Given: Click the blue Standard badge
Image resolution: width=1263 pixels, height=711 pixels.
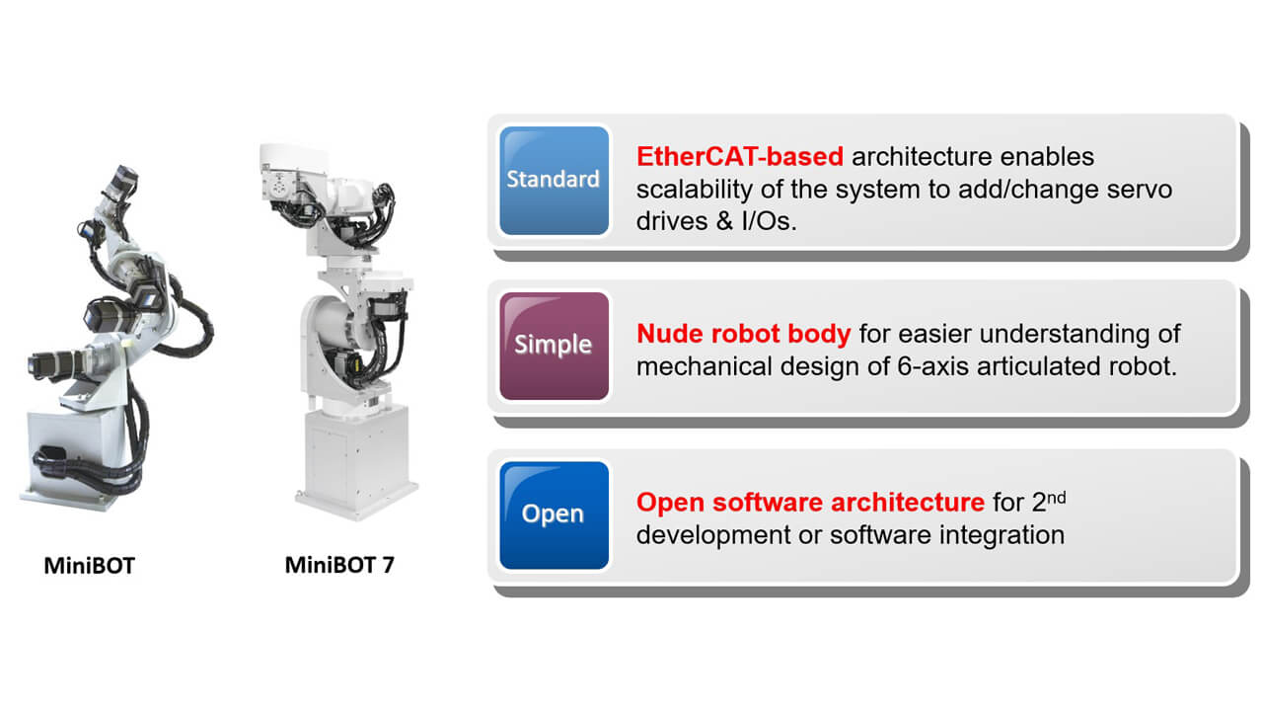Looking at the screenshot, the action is (554, 181).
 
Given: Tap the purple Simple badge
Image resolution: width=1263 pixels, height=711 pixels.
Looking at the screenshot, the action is (554, 346).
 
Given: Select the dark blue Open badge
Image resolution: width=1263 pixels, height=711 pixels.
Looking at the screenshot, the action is (554, 515).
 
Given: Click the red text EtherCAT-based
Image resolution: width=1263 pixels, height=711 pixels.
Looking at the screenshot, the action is (740, 156).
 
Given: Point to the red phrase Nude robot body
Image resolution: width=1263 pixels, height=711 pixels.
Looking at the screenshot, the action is (744, 334).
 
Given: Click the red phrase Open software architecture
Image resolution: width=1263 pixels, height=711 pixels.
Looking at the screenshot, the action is (810, 503).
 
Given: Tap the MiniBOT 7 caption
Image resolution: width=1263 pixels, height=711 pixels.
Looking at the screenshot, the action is (339, 565).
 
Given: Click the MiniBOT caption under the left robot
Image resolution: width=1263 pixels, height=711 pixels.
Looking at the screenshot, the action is (89, 566).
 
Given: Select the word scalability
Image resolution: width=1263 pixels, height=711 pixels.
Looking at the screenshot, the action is (695, 190).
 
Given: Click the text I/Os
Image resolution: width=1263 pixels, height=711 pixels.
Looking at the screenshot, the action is (769, 221).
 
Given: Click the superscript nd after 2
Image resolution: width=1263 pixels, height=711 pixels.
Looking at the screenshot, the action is (1056, 498).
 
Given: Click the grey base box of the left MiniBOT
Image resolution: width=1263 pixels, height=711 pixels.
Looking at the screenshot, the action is (79, 456).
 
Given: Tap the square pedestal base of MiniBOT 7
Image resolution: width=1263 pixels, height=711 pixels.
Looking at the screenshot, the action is (356, 460).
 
